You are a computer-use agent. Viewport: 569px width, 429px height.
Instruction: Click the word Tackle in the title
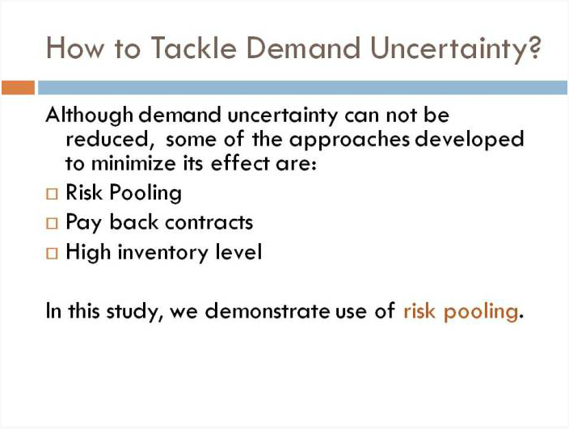click(x=194, y=48)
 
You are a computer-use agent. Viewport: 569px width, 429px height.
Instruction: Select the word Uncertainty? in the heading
click(x=456, y=50)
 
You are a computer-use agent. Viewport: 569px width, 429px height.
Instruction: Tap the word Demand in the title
click(x=303, y=48)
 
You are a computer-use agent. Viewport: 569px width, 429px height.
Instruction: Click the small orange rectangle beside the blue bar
click(x=18, y=88)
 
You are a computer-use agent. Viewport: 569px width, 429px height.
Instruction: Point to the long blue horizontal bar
click(x=302, y=88)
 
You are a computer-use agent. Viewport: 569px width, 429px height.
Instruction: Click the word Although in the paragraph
click(x=90, y=116)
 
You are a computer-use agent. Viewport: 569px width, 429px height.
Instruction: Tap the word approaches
click(x=349, y=141)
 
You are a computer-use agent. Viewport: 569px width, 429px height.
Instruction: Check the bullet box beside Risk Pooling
click(x=52, y=194)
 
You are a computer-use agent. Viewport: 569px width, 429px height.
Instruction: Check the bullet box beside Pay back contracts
click(x=52, y=223)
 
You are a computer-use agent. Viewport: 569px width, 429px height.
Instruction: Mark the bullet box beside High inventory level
click(x=52, y=253)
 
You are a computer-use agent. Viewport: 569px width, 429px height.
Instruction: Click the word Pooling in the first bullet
click(x=145, y=193)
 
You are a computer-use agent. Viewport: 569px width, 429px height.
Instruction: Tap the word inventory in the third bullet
click(x=163, y=253)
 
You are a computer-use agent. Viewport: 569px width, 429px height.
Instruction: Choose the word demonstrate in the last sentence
click(x=268, y=311)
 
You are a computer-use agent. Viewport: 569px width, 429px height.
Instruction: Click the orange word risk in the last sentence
click(x=419, y=311)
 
